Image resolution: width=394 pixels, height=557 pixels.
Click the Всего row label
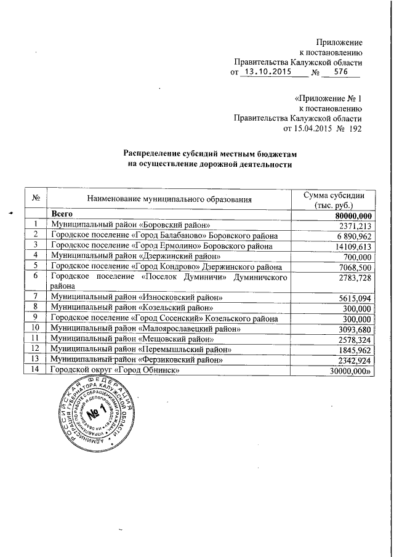pyautogui.click(x=63, y=215)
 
